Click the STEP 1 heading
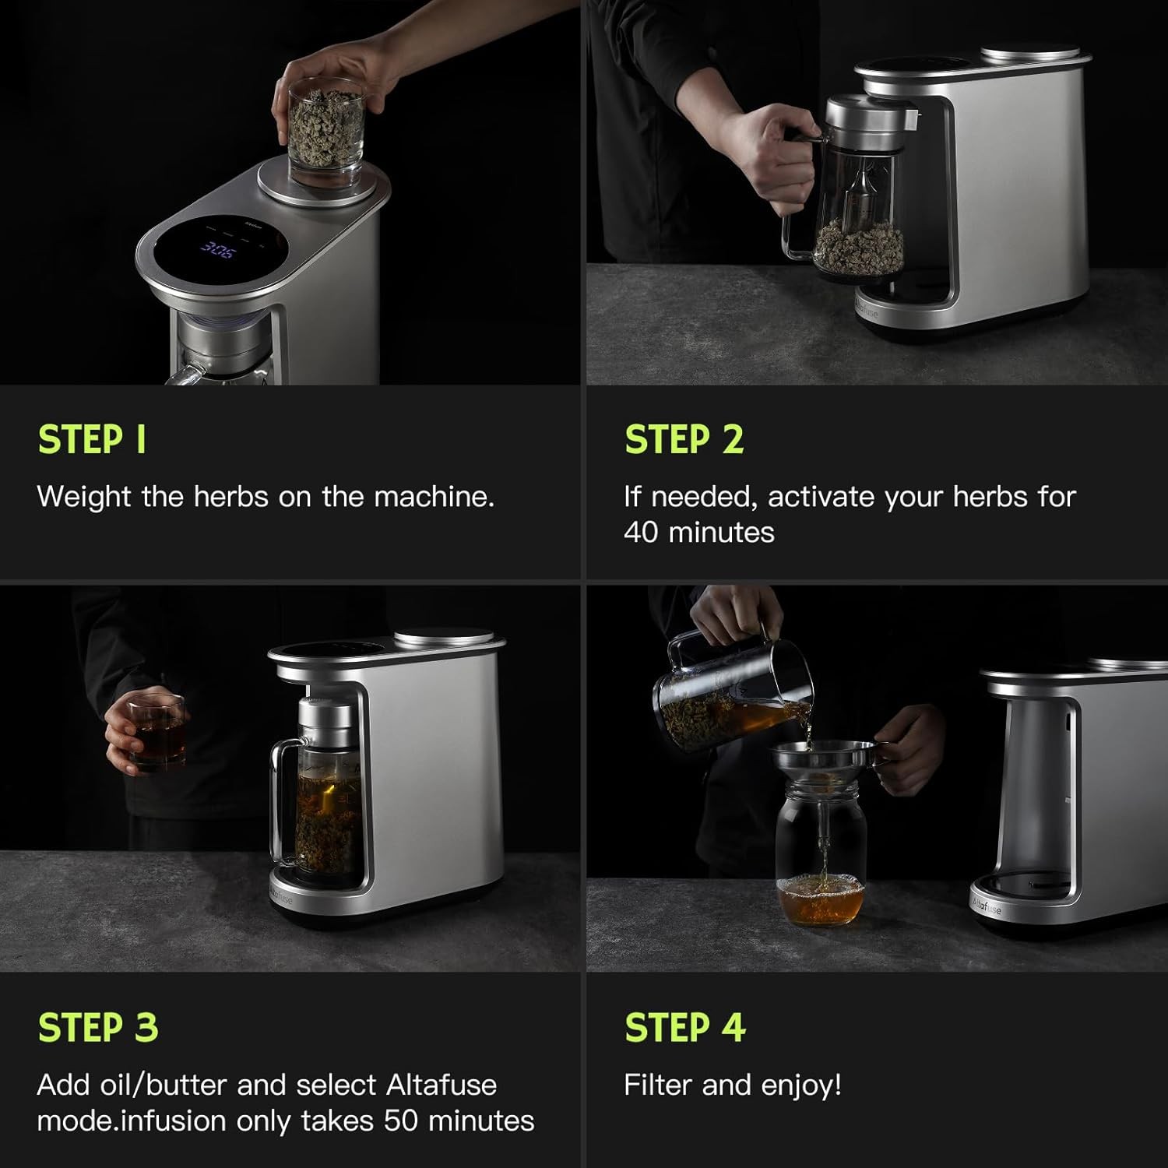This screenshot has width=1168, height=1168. [92, 439]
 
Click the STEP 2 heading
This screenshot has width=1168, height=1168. [684, 439]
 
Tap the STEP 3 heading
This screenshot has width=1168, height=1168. [98, 1027]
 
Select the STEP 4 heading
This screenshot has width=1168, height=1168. [685, 1027]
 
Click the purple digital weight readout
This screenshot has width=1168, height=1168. [217, 250]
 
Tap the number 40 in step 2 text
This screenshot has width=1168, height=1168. [641, 533]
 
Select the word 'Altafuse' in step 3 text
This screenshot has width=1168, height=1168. [442, 1085]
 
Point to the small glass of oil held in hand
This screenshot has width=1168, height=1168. [157, 733]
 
